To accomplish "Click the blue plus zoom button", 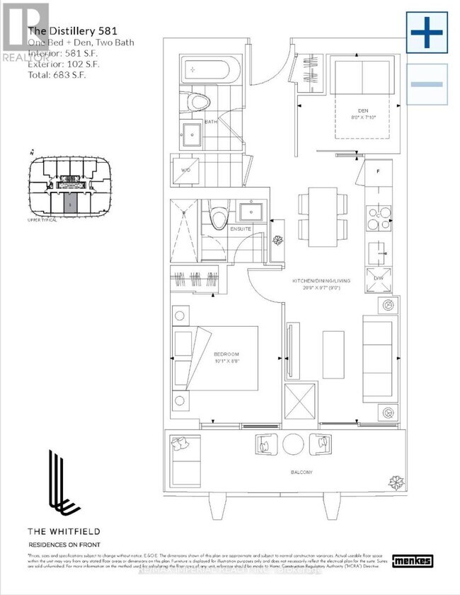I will (x=427, y=33).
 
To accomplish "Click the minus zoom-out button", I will (x=427, y=84).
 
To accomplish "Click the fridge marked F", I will (x=377, y=172).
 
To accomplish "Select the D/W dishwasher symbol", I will (x=377, y=276).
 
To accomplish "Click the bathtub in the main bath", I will (x=209, y=71).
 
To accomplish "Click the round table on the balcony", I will (x=293, y=444).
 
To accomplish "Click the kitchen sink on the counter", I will (x=378, y=249).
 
